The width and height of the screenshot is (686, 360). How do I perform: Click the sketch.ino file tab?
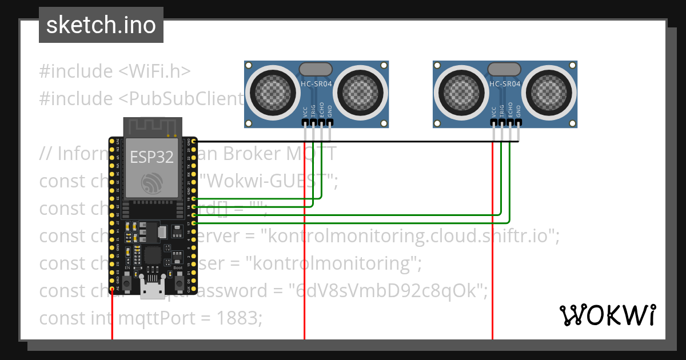point(101,25)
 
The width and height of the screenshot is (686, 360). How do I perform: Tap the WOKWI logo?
point(607,315)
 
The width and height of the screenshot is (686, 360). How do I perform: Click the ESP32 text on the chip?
point(151,157)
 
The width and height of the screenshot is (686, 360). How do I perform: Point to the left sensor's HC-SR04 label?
point(316,84)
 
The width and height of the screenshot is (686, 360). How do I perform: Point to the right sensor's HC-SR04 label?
point(505,84)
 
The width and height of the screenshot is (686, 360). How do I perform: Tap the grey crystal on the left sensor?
point(316,69)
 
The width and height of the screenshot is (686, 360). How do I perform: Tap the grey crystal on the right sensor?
point(505,69)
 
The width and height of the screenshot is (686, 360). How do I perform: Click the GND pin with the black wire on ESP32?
point(195,141)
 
